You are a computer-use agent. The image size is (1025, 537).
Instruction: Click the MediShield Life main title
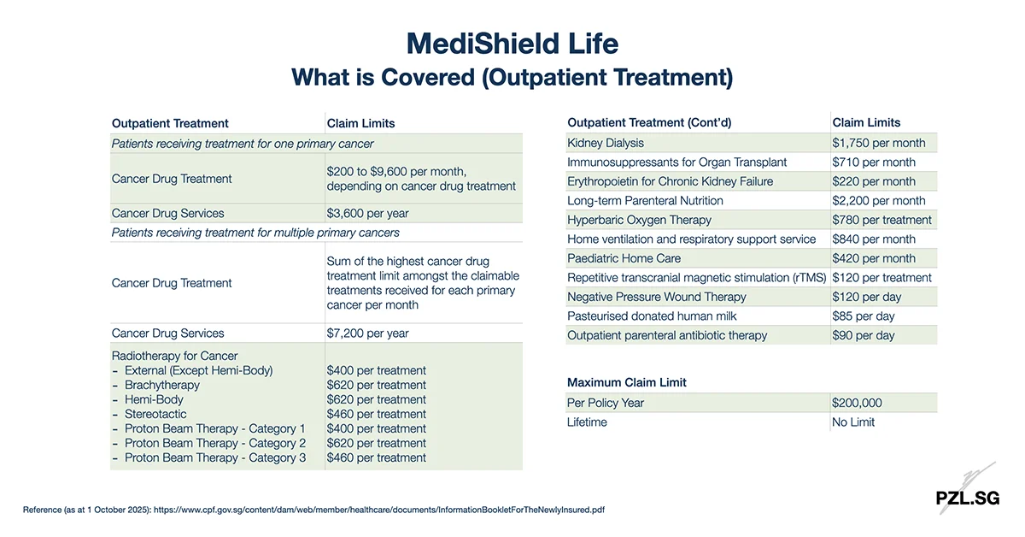512,43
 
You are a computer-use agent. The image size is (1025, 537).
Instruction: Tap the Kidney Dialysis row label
606,143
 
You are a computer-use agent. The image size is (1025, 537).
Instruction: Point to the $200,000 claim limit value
857,403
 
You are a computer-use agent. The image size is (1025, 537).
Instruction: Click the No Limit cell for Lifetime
853,422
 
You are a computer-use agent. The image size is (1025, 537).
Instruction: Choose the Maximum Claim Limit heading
627,382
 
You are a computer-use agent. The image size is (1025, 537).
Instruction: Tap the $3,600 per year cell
367,213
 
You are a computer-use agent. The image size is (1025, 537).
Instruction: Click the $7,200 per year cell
367,333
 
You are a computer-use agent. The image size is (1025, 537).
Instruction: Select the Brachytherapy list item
161,385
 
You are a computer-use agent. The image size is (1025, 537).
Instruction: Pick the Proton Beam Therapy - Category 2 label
214,443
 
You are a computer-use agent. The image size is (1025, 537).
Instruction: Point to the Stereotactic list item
155,414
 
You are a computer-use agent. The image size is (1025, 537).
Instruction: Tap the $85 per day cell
864,316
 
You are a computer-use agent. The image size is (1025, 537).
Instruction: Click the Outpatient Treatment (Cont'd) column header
649,122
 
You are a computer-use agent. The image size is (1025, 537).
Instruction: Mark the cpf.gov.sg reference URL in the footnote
379,510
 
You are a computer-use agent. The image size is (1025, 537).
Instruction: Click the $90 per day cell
864,335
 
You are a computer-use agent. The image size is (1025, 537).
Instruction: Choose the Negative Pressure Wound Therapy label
656,297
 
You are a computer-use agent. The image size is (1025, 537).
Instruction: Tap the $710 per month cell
874,162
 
